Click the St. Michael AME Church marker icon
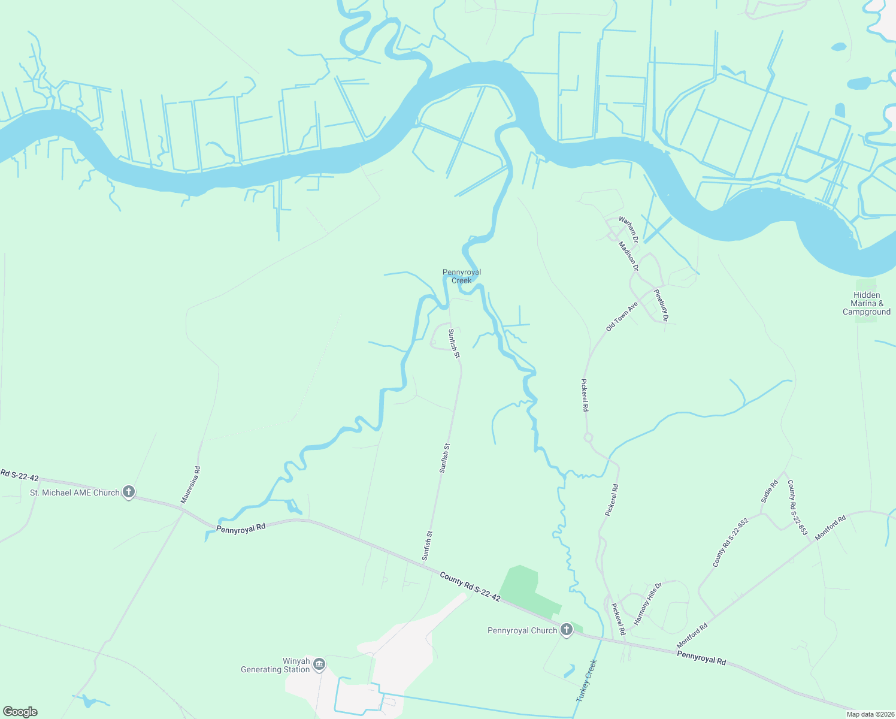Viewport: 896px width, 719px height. (128, 492)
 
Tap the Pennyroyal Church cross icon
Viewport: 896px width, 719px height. (566, 630)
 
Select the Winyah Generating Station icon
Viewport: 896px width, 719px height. (319, 664)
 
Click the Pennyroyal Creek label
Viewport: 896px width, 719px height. (462, 276)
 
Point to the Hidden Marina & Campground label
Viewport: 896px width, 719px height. (867, 303)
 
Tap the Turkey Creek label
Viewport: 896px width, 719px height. (587, 681)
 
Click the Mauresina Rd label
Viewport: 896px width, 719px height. (191, 485)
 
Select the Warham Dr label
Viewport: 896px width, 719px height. (629, 230)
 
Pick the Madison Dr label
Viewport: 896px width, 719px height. (629, 256)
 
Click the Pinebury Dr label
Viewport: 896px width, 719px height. (661, 305)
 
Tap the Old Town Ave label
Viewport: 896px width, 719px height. (622, 316)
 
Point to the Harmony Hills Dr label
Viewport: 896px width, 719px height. (647, 603)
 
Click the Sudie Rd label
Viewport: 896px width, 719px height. (770, 491)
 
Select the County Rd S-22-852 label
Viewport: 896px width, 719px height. (730, 543)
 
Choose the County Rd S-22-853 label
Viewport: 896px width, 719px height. (798, 507)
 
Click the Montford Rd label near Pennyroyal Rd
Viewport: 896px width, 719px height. (692, 635)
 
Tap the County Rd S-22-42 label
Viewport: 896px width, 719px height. (470, 587)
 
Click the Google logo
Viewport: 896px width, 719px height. (20, 712)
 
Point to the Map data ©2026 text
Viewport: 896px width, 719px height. (869, 714)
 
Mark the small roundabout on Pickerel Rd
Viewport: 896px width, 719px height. (588, 437)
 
